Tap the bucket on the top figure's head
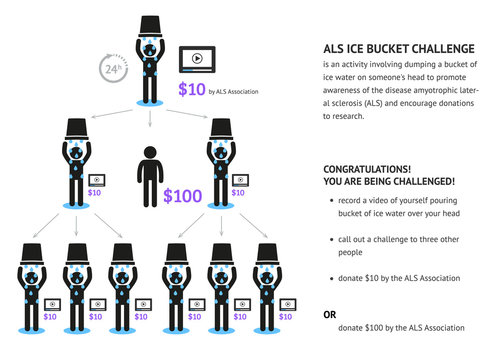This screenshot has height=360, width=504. pos(150,22)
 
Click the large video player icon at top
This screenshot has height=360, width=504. pos(197,59)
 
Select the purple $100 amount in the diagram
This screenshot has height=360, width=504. pos(182,195)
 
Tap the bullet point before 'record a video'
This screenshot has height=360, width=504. pos(331,200)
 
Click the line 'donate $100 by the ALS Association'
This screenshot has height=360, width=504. pos(401,328)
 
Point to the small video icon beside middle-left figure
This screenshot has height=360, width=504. pos(96,179)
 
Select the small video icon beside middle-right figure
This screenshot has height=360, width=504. pos(241,179)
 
